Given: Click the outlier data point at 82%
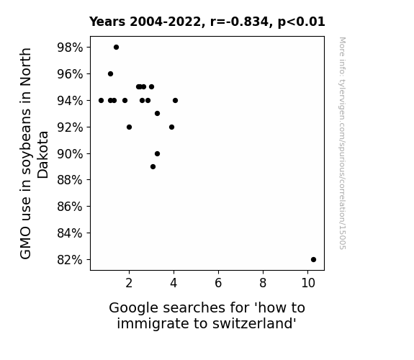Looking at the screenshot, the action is click(x=313, y=260).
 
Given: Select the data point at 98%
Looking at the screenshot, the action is click(x=116, y=48).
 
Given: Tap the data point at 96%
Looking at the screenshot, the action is click(x=111, y=74).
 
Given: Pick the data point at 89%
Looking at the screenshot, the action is click(x=153, y=166).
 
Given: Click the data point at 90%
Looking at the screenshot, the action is click(x=158, y=153).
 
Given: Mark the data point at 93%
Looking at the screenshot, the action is click(x=158, y=114).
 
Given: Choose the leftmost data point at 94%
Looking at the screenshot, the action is click(x=101, y=100).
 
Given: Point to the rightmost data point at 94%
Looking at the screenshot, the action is click(x=175, y=100).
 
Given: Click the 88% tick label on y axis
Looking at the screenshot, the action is click(x=70, y=180).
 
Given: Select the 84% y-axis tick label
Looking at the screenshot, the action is click(x=70, y=233).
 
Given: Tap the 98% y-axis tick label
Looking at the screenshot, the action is click(x=70, y=48).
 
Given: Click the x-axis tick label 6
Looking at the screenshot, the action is click(x=218, y=283).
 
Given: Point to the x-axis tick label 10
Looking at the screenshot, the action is click(x=308, y=283).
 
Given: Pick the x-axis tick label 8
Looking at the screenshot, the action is click(x=263, y=283).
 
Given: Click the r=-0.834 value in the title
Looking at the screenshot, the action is click(x=239, y=22).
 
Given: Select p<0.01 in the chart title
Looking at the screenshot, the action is click(x=301, y=22).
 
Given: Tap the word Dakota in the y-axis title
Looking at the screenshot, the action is click(x=42, y=155).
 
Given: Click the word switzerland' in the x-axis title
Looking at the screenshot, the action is click(x=254, y=323).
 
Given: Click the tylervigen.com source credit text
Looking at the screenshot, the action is click(x=343, y=143).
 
